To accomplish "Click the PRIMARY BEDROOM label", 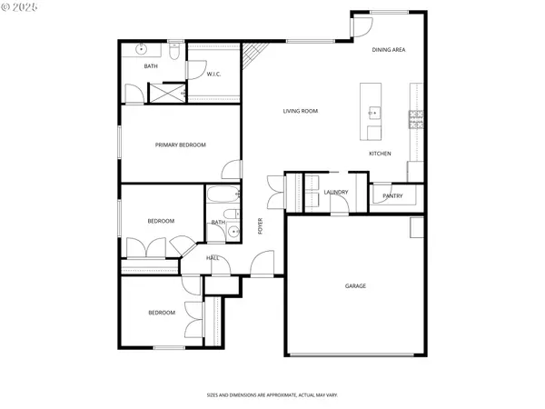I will click(180, 145).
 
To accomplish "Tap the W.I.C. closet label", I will click(214, 74).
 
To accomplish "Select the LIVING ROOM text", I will click(300, 111).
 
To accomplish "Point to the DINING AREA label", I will click(388, 50).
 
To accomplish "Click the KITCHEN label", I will click(380, 154).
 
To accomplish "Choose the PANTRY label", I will click(392, 195).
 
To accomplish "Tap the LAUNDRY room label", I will click(336, 192).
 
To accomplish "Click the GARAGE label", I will click(355, 286).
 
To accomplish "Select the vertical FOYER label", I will click(260, 226).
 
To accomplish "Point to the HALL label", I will click(213, 258).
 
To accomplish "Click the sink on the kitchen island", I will click(372, 113).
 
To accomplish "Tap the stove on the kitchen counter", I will click(416, 119).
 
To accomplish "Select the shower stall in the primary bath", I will click(166, 92).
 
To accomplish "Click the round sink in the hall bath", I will click(233, 232).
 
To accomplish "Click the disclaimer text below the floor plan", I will click(272, 395).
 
